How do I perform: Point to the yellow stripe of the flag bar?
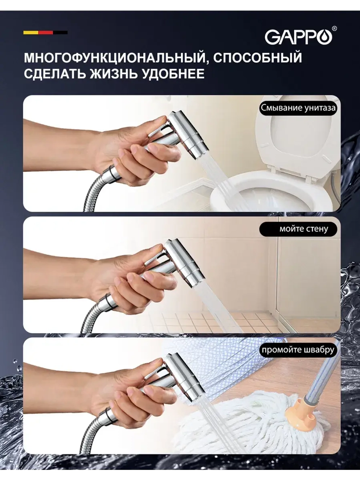click(31, 32)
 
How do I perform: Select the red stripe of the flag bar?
click(45, 32)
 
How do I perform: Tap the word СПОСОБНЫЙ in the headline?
click(258, 57)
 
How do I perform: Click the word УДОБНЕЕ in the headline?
click(174, 74)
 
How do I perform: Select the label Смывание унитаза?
click(298, 108)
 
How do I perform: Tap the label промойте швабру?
click(298, 350)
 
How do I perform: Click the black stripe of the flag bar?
click(60, 32)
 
